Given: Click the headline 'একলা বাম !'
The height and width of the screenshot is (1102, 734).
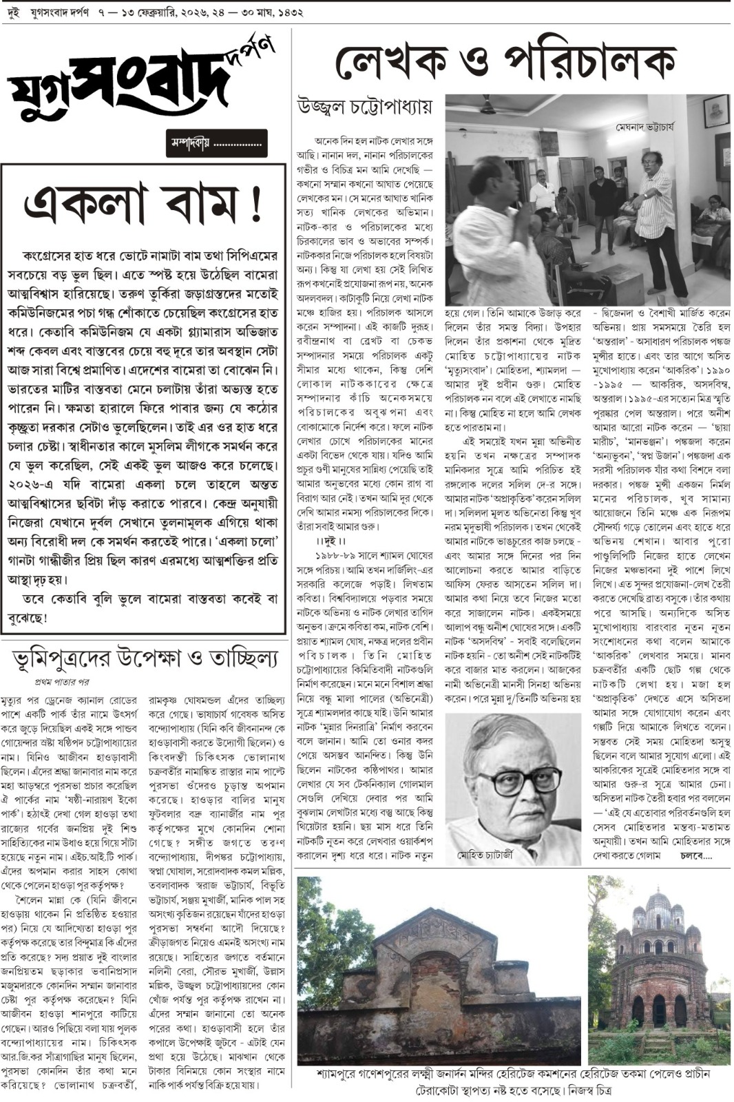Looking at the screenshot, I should point(143,204).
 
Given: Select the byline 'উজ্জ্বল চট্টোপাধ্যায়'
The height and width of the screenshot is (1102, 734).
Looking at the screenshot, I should point(365,107).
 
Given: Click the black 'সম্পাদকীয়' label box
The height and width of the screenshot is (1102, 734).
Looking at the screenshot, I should point(216,143).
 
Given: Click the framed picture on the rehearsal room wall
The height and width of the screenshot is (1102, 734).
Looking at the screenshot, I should point(716,110).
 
